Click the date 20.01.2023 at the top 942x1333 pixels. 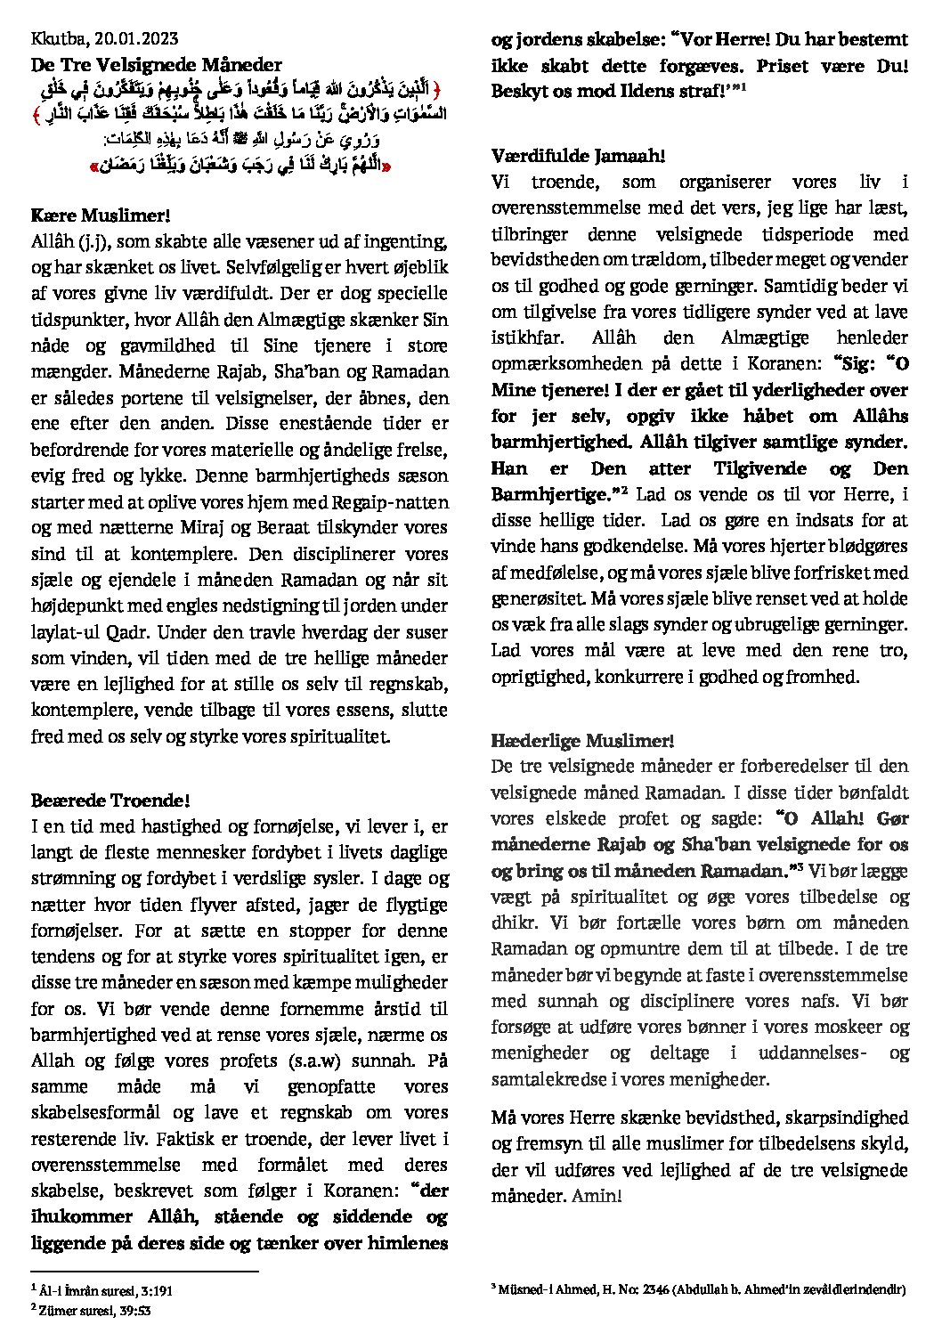pos(137,37)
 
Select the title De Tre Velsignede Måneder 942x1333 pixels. pos(156,64)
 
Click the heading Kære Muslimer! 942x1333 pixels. pos(100,215)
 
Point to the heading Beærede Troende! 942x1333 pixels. pos(110,801)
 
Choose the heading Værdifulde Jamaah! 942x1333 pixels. pos(578,156)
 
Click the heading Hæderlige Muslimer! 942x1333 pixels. pos(582,740)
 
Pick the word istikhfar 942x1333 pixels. pos(525,338)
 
